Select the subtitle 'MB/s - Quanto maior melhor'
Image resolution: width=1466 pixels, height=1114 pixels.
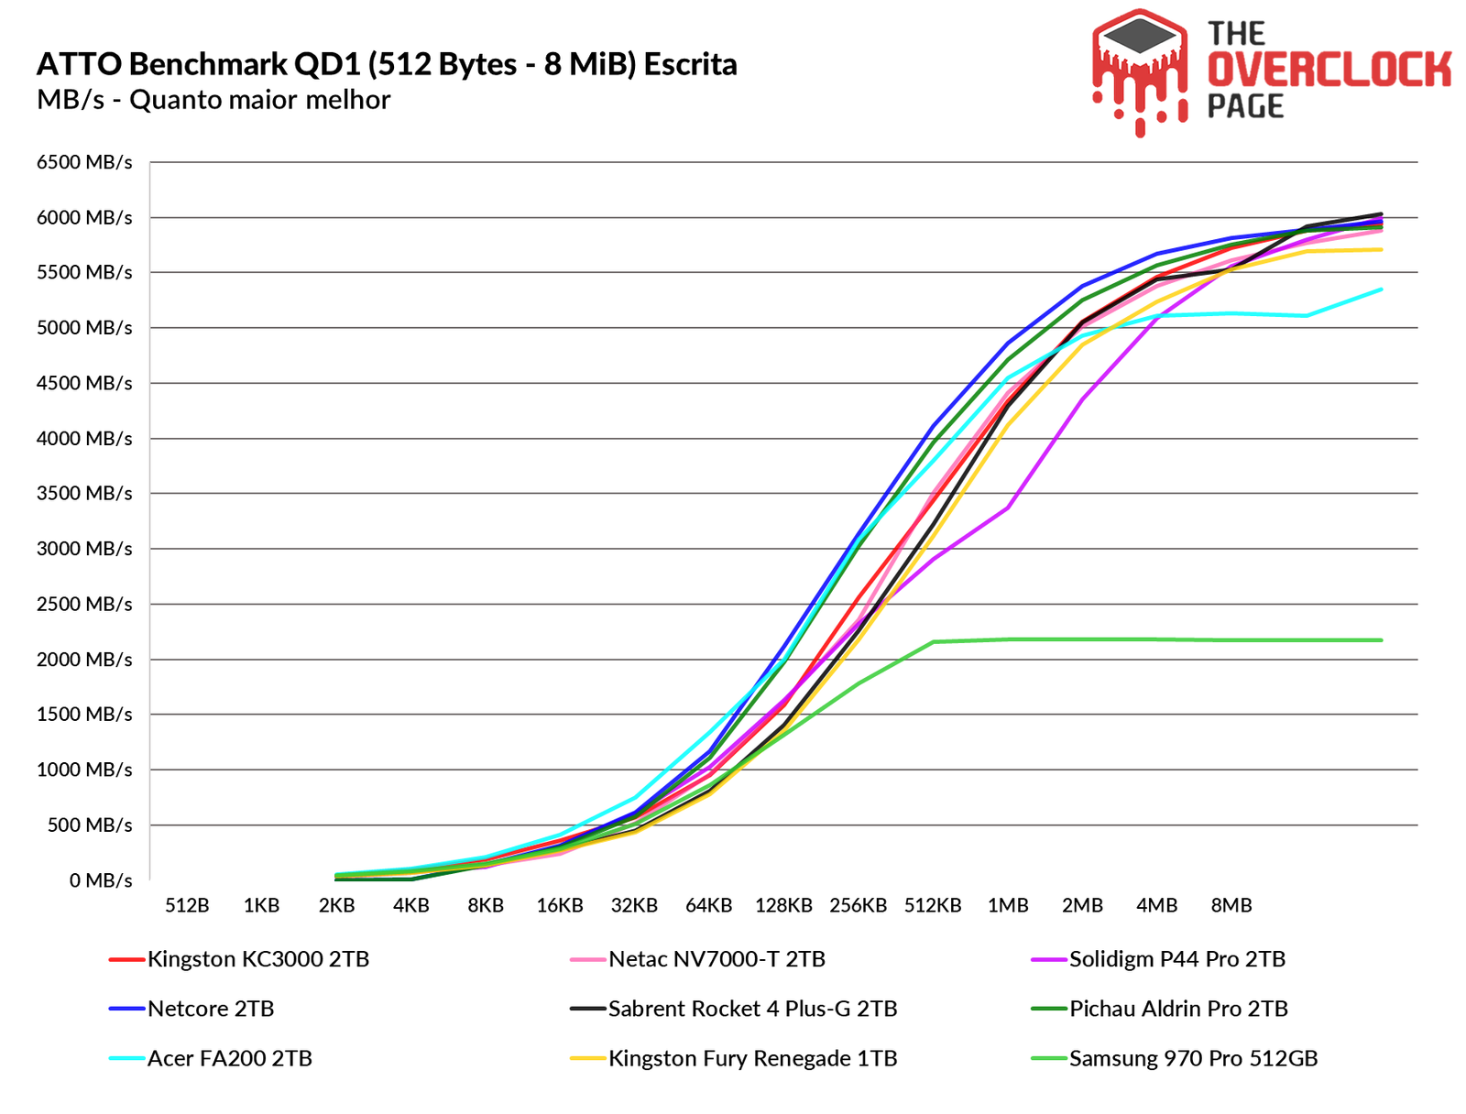click(x=213, y=99)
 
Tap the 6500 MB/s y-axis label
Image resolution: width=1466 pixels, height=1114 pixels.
click(x=84, y=162)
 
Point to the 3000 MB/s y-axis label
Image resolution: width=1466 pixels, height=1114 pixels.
click(x=84, y=549)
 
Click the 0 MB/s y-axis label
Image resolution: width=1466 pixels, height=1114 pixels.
click(x=101, y=880)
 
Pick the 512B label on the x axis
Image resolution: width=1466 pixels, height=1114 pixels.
click(x=187, y=905)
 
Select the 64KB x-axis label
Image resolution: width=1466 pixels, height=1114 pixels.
click(x=708, y=905)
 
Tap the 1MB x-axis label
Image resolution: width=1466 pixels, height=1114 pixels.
click(x=1007, y=905)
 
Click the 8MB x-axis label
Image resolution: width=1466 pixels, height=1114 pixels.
click(x=1231, y=905)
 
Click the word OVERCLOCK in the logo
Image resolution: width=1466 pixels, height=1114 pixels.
click(x=1329, y=71)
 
